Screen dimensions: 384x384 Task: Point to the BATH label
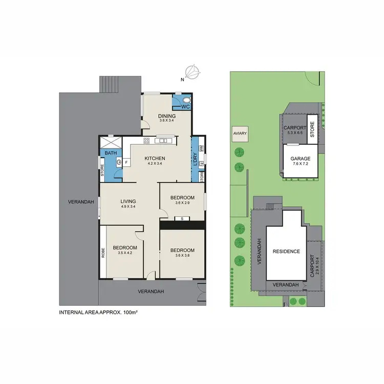point(111,153)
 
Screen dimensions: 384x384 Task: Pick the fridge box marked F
point(125,162)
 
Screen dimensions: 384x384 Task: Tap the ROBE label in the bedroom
point(103,252)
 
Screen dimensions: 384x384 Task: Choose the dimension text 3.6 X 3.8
point(183,255)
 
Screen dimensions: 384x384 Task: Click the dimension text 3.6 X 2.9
point(182,203)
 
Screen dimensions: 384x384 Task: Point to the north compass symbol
point(193,72)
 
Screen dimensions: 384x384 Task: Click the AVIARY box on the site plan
point(240,134)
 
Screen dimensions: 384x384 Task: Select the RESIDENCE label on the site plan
point(286,251)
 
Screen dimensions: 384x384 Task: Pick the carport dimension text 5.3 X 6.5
point(295,133)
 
